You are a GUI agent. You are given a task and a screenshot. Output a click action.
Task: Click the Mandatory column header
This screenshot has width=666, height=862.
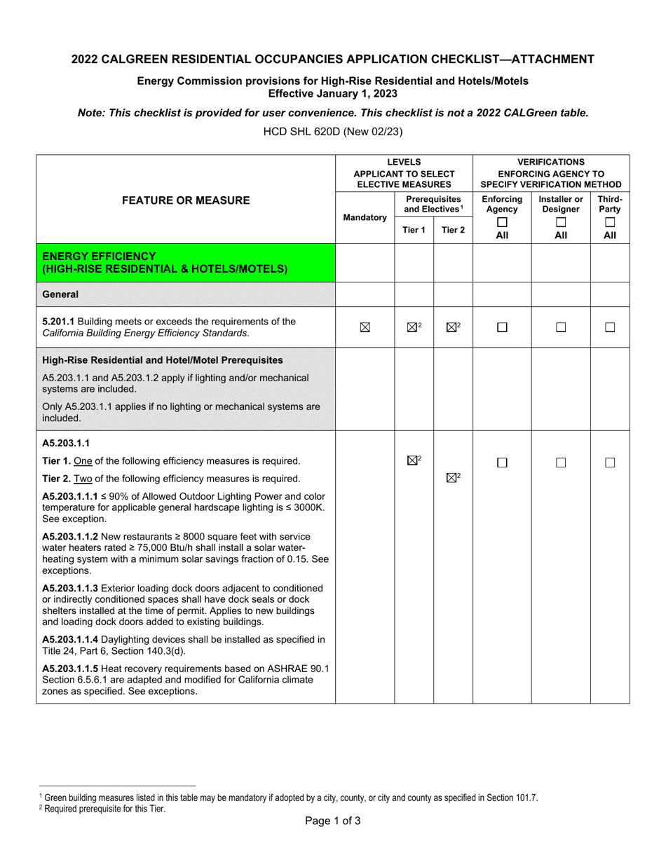click(365, 218)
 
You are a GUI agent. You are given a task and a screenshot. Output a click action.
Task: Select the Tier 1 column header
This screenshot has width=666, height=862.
click(414, 230)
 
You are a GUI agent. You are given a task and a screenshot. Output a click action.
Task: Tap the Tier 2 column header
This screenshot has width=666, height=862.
click(453, 230)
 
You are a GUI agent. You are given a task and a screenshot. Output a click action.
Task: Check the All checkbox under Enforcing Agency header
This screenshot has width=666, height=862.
click(502, 222)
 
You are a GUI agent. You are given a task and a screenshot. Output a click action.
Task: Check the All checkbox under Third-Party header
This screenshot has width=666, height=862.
click(610, 222)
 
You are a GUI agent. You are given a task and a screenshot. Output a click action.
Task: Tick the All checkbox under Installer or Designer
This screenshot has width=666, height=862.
click(561, 222)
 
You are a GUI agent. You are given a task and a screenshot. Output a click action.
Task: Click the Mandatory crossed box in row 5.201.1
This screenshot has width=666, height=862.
click(365, 327)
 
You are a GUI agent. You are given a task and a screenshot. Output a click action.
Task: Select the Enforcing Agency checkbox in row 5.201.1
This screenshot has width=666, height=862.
click(502, 327)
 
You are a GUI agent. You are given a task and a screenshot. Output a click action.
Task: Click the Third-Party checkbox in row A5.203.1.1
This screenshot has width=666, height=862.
click(610, 463)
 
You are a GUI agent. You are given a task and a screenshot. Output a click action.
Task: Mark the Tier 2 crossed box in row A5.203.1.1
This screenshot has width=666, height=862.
click(451, 478)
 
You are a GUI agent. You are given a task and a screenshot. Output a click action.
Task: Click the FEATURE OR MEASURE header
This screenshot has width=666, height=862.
click(186, 200)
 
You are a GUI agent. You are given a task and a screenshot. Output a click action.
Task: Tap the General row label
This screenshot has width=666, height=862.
click(60, 294)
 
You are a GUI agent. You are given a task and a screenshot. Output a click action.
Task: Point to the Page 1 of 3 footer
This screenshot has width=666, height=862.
click(333, 821)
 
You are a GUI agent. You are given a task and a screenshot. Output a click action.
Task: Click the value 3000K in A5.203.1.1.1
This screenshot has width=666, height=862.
click(308, 507)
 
